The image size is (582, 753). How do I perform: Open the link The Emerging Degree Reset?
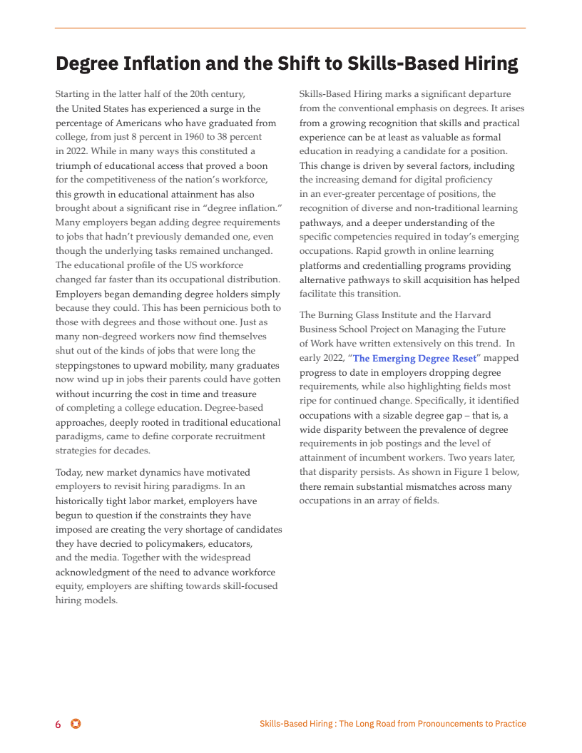pos(414,358)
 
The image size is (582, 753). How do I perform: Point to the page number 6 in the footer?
pos(58,724)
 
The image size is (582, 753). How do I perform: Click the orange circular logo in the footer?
pos(76,724)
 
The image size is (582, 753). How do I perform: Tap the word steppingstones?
pos(88,365)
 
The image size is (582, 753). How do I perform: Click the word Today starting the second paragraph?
pos(70,472)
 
